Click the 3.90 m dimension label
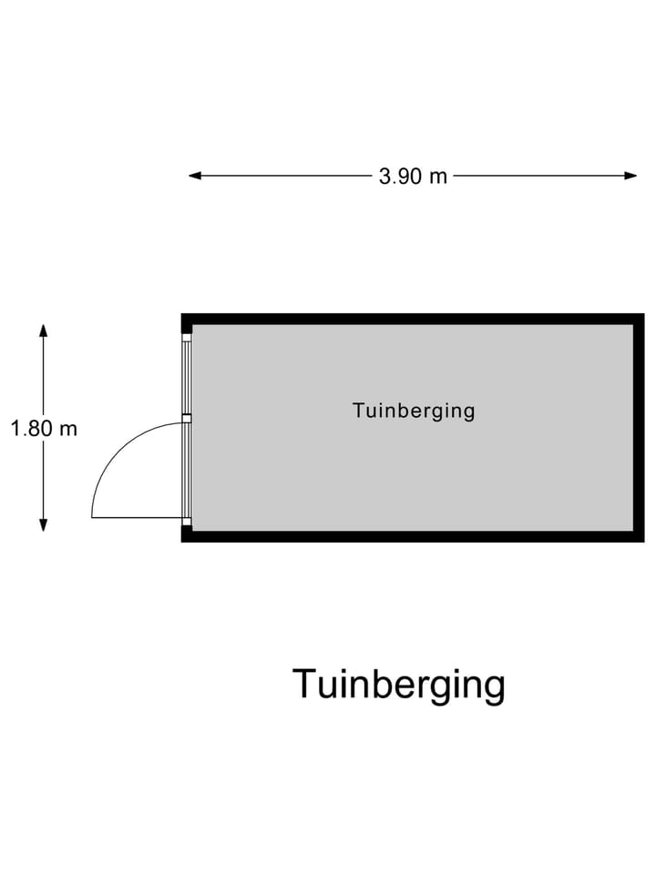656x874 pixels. click(413, 177)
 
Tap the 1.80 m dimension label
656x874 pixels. click(44, 428)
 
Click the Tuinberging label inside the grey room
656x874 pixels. click(414, 411)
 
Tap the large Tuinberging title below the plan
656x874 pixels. click(398, 684)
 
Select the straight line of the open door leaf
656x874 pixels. click(137, 518)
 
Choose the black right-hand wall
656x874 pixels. click(639, 428)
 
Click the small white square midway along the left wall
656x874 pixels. click(187, 419)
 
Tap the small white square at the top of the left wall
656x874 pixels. click(187, 337)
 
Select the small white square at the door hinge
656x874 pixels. click(187, 522)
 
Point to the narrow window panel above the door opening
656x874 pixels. click(187, 378)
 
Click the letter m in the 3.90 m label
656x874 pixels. click(438, 177)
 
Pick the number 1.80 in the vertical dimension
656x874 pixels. click(33, 428)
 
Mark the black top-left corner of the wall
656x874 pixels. click(186, 319)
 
